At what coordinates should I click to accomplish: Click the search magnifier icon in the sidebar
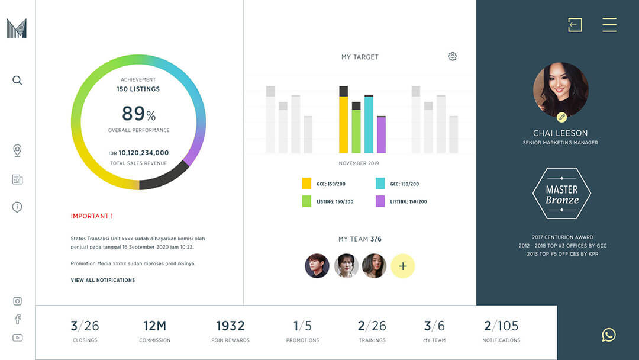[x=17, y=81]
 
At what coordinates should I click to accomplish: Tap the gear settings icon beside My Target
[x=453, y=56]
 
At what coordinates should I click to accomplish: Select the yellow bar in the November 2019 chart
[x=343, y=124]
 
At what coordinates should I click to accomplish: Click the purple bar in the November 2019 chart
[x=381, y=135]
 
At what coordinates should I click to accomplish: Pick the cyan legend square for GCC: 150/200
[x=380, y=184]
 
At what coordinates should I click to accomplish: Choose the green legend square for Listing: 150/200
[x=306, y=201]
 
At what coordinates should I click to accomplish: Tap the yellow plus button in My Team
[x=403, y=266]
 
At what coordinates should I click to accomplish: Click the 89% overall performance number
[x=138, y=114]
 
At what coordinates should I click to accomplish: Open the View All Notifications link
[x=103, y=280]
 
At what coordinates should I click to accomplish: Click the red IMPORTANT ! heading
[x=92, y=216]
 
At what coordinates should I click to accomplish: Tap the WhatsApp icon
[x=608, y=335]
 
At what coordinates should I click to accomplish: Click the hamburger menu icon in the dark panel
[x=609, y=24]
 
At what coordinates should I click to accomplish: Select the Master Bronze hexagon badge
[x=561, y=194]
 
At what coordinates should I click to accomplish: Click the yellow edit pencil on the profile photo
[x=561, y=117]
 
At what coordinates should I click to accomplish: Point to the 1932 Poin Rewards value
[x=230, y=326]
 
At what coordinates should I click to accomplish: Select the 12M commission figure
[x=154, y=326]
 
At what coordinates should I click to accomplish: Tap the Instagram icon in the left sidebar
[x=17, y=301]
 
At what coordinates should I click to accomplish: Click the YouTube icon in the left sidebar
[x=17, y=337]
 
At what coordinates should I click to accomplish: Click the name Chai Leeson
[x=560, y=133]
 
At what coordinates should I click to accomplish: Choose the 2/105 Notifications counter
[x=501, y=326]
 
